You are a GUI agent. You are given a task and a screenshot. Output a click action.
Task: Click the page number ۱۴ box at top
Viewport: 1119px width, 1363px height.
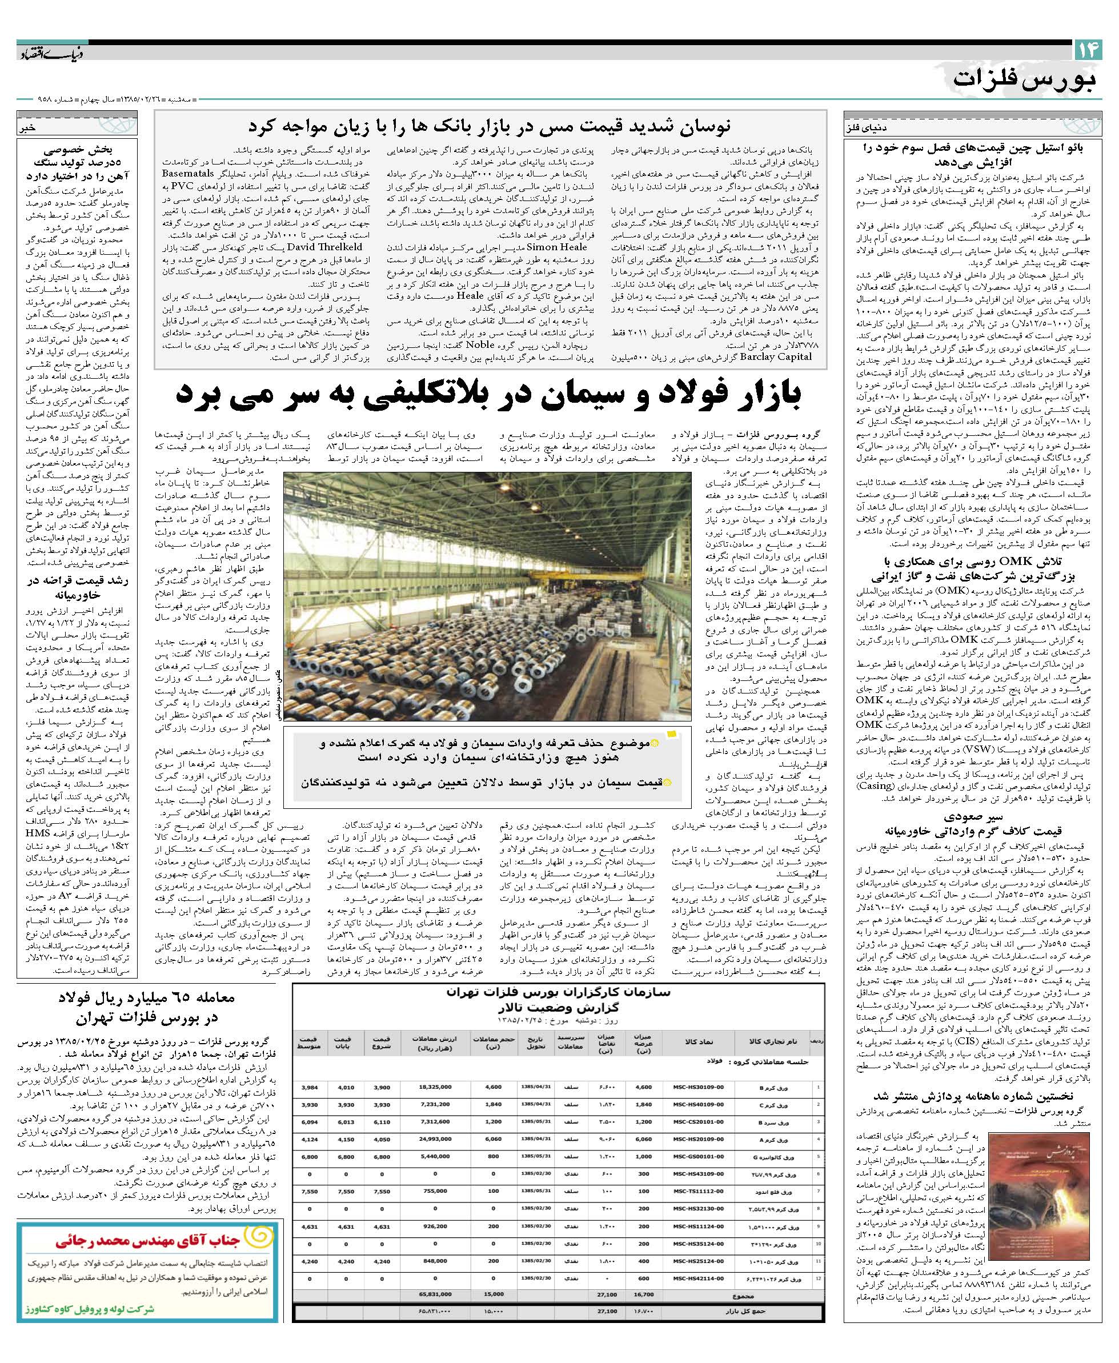click(x=1088, y=51)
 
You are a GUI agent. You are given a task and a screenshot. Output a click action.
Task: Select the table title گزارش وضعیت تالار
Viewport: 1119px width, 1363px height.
click(x=558, y=1006)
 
